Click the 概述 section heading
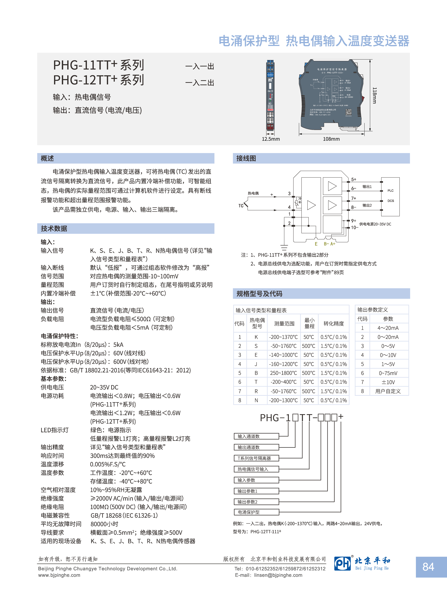click(x=47, y=158)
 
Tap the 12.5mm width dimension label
click(x=271, y=139)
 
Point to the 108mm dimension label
click(x=331, y=139)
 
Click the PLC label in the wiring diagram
click(x=390, y=191)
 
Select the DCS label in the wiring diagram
click(x=390, y=201)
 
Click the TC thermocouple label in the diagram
click(x=241, y=206)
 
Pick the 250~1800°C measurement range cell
click(x=284, y=373)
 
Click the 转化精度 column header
click(x=334, y=323)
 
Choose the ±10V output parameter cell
click(x=388, y=382)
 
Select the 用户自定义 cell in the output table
click(x=388, y=391)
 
